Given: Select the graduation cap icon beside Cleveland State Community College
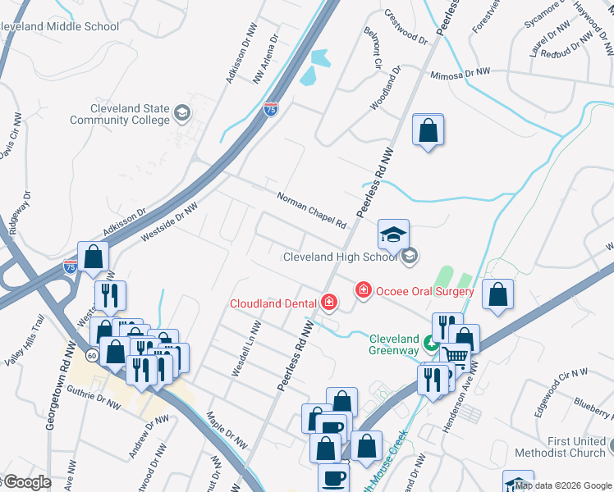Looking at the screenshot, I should tap(181, 112).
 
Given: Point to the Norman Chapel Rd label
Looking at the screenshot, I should tap(312, 211).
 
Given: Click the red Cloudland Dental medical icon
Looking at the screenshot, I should tap(329, 303).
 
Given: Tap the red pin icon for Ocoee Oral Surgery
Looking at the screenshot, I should tap(363, 290).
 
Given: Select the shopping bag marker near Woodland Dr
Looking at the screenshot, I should tap(428, 130).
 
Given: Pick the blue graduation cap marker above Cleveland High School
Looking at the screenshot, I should tap(393, 234).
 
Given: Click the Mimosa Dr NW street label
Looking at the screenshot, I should tap(460, 73).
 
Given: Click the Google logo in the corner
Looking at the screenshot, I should tap(26, 482).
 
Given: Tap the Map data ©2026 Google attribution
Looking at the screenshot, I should tap(563, 485).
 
